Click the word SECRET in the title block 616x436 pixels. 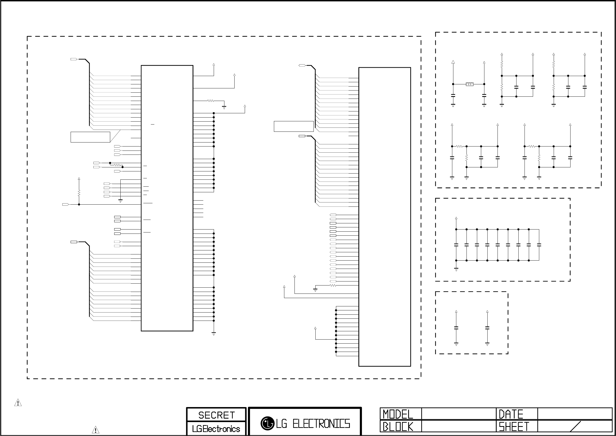point(216,415)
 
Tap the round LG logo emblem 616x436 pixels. point(267,423)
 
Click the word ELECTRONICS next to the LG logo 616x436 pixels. point(321,424)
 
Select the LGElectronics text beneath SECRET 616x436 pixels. point(216,429)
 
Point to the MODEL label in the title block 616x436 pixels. point(398,414)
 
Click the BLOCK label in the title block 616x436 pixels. point(398,427)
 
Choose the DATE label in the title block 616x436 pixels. point(511,414)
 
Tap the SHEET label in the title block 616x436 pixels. point(514,427)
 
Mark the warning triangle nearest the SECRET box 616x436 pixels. point(95,430)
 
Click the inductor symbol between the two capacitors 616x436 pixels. point(469,84)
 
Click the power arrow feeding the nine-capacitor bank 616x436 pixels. point(456,219)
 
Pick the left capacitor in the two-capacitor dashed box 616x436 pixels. point(456,328)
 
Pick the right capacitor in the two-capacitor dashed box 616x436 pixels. point(487,328)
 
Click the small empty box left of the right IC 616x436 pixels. point(293,126)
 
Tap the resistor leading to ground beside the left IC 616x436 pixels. point(211,101)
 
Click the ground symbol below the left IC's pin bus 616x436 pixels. point(213,334)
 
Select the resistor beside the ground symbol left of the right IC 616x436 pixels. point(333,285)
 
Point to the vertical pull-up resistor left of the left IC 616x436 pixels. point(79,193)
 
